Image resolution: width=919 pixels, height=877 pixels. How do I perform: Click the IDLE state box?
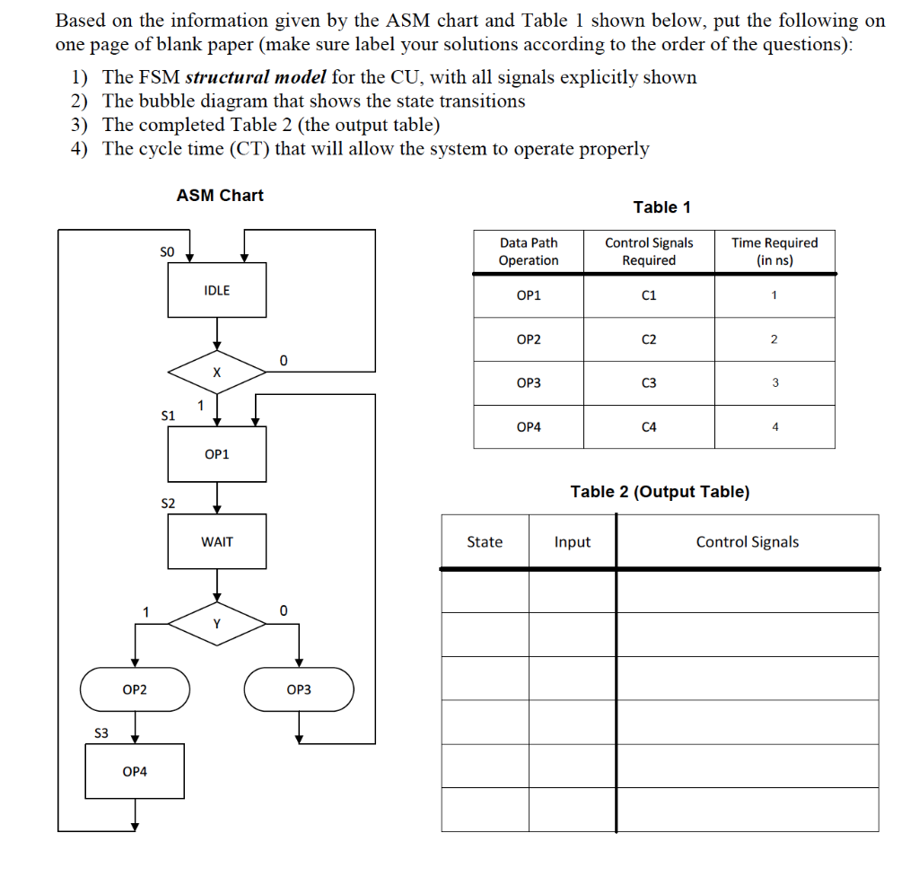[217, 290]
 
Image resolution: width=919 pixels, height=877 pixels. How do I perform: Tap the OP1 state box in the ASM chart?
[217, 453]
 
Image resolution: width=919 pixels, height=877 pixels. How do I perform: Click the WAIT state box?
[217, 541]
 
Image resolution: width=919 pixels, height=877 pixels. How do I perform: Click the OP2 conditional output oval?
[135, 689]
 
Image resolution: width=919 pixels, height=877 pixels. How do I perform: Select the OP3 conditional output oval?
[299, 689]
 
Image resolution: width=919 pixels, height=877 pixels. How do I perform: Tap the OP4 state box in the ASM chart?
[135, 771]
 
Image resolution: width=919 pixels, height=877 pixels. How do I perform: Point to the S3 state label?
[101, 733]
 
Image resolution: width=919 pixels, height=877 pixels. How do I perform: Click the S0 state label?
[166, 252]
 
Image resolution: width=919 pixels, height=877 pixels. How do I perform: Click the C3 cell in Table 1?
[649, 383]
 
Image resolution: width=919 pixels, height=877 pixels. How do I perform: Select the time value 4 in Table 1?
[775, 427]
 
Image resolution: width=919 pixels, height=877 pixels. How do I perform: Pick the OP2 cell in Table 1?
[529, 339]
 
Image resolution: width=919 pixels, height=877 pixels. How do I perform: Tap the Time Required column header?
[775, 251]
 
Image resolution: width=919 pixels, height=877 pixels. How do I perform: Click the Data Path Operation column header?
[529, 251]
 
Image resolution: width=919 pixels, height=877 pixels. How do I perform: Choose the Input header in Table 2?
[573, 542]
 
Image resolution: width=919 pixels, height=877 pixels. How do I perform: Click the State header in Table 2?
[485, 542]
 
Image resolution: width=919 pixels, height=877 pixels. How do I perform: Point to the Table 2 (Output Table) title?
[660, 492]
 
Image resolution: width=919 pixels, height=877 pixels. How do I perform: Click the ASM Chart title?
[220, 195]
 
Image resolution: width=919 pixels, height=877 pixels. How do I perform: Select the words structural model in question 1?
[255, 77]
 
